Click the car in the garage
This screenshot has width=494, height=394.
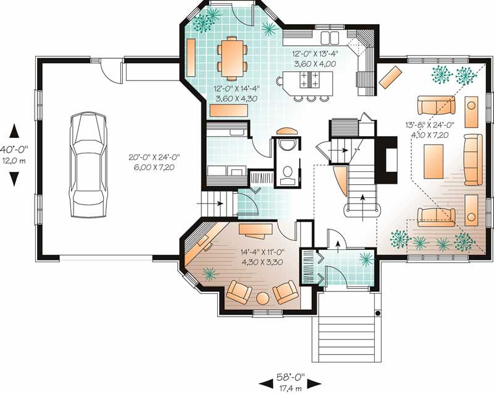tap(85, 165)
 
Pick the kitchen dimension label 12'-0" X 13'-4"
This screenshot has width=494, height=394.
tap(316, 58)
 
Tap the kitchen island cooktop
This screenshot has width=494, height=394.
tap(308, 80)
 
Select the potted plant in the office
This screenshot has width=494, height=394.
tap(211, 274)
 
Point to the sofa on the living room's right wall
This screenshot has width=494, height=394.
tap(473, 159)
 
